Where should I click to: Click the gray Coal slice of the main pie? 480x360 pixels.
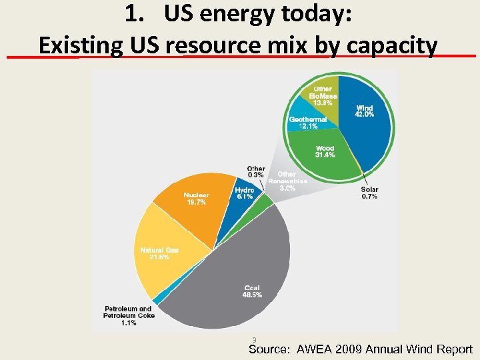[x=240, y=273]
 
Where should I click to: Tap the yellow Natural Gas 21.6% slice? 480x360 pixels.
[x=163, y=257]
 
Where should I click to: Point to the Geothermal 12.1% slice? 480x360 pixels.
[x=307, y=123]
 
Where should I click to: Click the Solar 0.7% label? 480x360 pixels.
[x=369, y=193]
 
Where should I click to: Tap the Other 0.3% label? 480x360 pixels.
[x=255, y=172]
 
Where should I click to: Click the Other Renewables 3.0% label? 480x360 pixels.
[x=287, y=181]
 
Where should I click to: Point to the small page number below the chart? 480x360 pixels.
[x=255, y=339]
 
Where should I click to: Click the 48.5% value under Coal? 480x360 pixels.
[x=252, y=295]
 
